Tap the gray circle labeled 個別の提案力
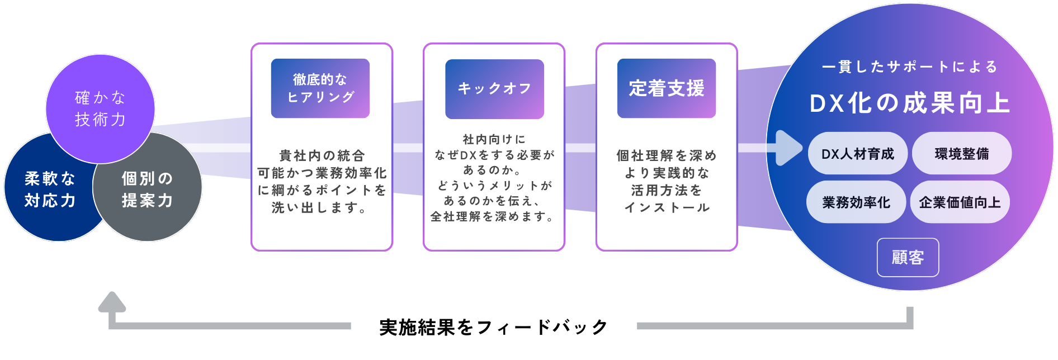(x=148, y=190)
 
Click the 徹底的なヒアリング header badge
(x=320, y=88)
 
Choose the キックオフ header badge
(x=494, y=89)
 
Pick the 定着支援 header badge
(x=667, y=88)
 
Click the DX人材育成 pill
(x=857, y=154)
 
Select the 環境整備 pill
(x=962, y=154)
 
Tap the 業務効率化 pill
(x=856, y=202)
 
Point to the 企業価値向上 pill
(x=960, y=202)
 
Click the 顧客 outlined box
(x=908, y=258)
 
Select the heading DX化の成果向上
(x=910, y=103)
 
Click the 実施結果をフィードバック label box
(x=494, y=327)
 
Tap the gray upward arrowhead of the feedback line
(x=112, y=302)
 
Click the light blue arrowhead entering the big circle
(x=790, y=148)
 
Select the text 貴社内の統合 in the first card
(x=322, y=155)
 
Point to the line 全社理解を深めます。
(x=493, y=216)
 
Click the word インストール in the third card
(x=667, y=207)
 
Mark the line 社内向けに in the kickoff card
(x=494, y=139)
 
